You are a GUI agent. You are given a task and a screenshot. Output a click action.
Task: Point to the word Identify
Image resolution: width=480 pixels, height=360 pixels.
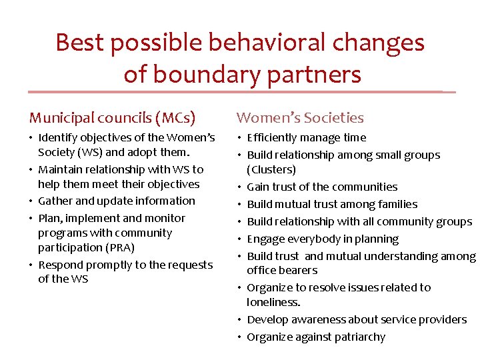pos(57,138)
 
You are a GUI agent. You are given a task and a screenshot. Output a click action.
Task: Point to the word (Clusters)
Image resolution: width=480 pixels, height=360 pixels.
pos(271,169)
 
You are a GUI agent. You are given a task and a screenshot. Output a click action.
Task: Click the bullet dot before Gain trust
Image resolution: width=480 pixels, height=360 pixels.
pos(240,187)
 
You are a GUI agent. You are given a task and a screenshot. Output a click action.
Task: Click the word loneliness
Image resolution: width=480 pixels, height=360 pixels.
pos(273,302)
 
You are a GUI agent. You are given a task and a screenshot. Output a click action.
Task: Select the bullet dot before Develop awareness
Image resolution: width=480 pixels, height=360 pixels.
pos(240,320)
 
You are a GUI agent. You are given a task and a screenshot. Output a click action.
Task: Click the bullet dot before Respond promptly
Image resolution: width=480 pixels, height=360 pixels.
pos(31,265)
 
